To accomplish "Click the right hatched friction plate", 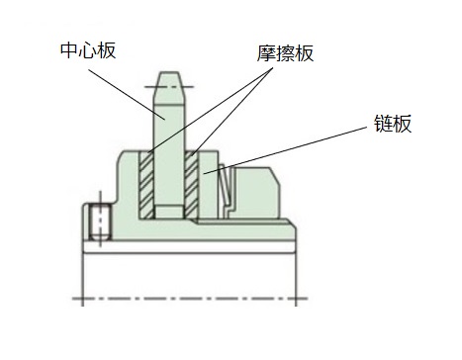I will tap(192, 184).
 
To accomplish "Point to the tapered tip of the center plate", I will tap(169, 79).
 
